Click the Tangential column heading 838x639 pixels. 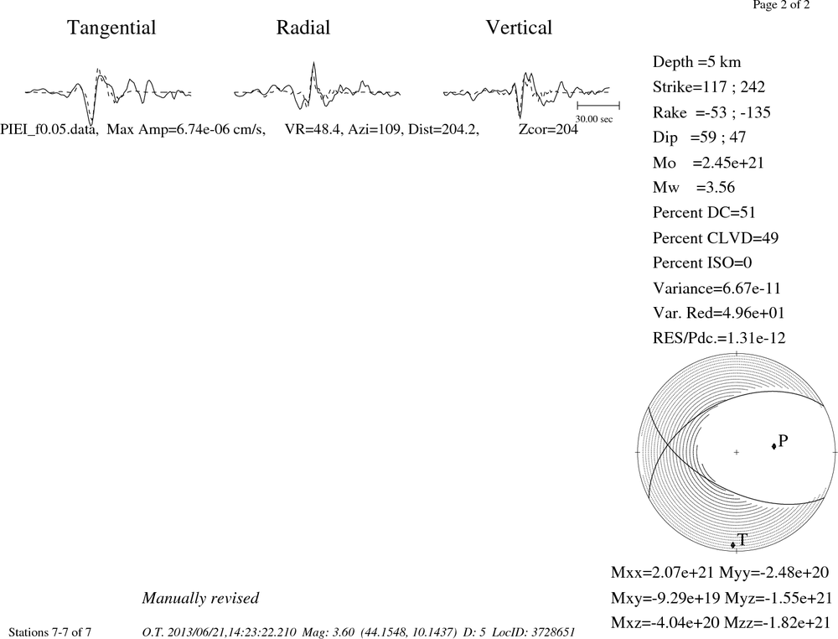[x=111, y=29]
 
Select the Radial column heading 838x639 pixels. [x=303, y=28]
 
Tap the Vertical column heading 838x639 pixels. [x=519, y=28]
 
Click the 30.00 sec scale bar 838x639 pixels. [x=598, y=106]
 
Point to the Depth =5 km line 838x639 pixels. [x=696, y=62]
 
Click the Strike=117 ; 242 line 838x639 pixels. [x=709, y=86]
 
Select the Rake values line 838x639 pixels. [x=711, y=112]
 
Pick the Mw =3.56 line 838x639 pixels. [x=694, y=187]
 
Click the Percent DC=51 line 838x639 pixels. [x=704, y=212]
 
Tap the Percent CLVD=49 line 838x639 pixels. [x=715, y=237]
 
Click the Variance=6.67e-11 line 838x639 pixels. [x=716, y=288]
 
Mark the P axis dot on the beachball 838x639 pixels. [x=773, y=446]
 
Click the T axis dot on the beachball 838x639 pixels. [x=733, y=545]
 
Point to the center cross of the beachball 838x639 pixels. [x=737, y=452]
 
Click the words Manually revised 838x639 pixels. [x=200, y=598]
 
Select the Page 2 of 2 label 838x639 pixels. [x=781, y=5]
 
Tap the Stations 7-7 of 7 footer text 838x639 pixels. [x=50, y=632]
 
